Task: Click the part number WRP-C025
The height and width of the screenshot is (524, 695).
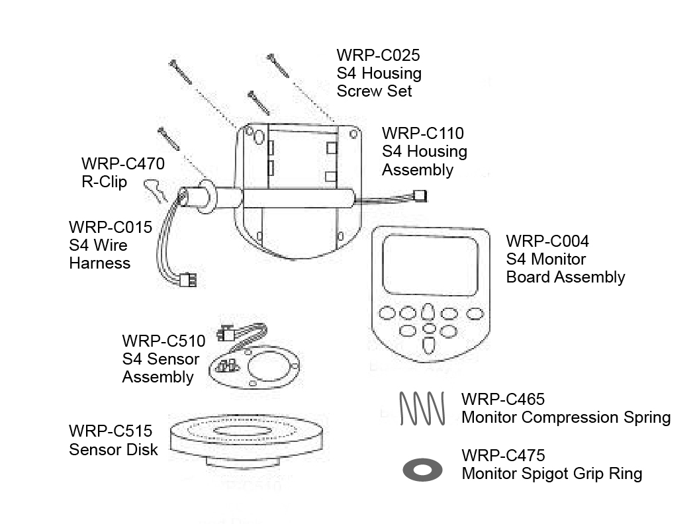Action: click(378, 55)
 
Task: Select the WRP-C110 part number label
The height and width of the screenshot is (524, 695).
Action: click(423, 133)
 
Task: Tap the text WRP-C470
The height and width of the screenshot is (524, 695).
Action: click(122, 163)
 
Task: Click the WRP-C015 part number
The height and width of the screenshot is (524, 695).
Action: click(111, 228)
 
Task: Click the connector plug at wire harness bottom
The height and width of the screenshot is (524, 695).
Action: click(189, 281)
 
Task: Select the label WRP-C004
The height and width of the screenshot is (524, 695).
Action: click(547, 240)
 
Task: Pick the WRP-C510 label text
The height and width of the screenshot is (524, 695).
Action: click(163, 341)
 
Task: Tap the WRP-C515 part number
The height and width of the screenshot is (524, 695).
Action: click(111, 431)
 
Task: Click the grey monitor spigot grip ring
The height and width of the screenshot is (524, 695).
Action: click(422, 470)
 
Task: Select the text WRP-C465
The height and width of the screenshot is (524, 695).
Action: click(503, 399)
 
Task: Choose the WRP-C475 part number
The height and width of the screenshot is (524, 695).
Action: click(503, 455)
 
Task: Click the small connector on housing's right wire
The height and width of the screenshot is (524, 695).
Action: click(420, 196)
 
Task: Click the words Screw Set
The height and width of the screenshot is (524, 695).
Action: click(374, 91)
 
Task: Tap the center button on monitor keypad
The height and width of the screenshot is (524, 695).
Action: click(429, 329)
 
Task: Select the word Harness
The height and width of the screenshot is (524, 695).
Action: click(100, 263)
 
